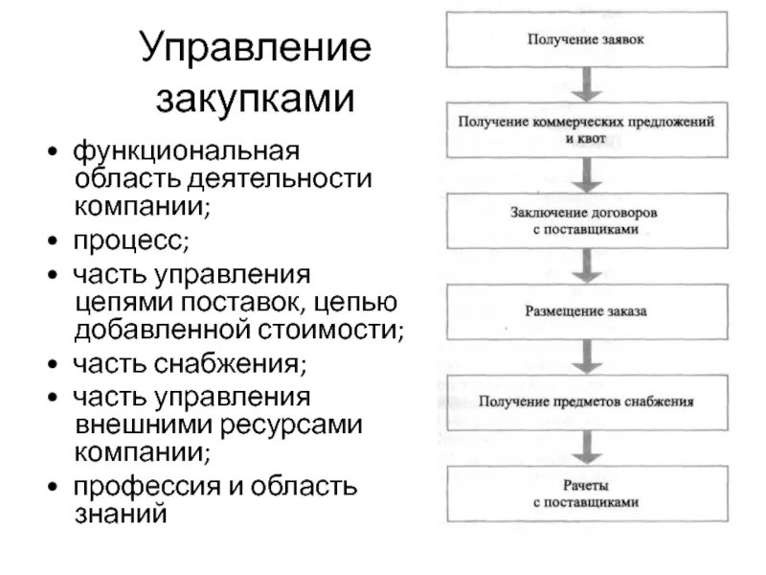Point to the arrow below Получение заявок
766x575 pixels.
586,84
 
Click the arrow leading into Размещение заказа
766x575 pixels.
586,266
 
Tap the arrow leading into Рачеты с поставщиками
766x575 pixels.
586,447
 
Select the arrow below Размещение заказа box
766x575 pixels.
586,356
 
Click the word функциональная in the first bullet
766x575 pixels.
188,151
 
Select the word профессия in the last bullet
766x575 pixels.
146,486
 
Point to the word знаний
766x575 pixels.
121,514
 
